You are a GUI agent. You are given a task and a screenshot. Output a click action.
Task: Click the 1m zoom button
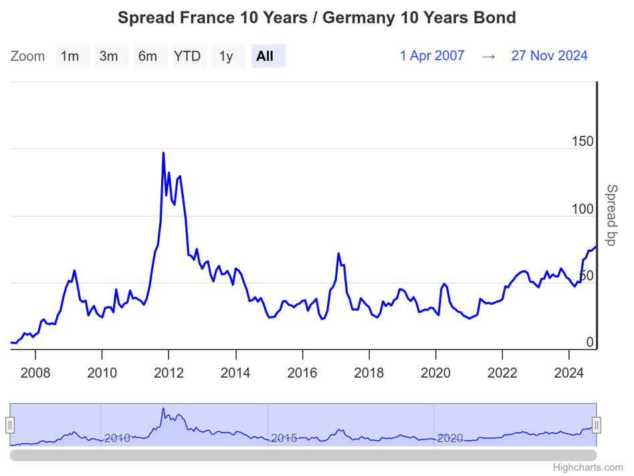coord(70,56)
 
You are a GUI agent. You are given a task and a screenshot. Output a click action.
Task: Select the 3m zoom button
coord(109,56)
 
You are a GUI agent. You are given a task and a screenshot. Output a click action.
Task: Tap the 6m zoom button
coord(148,56)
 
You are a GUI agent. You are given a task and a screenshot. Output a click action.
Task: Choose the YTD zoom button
coord(187,56)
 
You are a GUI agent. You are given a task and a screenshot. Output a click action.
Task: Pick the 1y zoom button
coord(226,56)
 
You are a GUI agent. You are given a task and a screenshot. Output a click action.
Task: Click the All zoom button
coord(266,56)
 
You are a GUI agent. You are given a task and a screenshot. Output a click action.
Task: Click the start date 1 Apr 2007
coord(432,56)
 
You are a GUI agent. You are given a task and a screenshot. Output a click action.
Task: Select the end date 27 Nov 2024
coord(549,56)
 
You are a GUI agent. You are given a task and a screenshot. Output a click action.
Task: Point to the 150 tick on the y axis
coord(583,142)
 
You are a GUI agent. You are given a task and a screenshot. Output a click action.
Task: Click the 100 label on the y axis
coord(583,209)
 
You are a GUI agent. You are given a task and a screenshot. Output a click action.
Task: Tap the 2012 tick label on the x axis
coord(169,372)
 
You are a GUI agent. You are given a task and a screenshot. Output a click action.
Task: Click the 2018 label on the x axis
coord(369,372)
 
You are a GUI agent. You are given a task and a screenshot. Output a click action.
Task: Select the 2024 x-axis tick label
coord(570,372)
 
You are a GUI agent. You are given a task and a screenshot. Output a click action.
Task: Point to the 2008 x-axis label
coord(35,372)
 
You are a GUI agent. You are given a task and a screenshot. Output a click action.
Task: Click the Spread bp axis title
coord(611,215)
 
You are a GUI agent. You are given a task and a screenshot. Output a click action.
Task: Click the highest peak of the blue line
coord(163,153)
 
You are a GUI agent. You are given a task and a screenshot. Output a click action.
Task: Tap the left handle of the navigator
coord(10,425)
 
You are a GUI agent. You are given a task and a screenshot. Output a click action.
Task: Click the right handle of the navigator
coord(597,425)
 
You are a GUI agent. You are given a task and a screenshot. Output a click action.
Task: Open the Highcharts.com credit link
coord(588,467)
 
